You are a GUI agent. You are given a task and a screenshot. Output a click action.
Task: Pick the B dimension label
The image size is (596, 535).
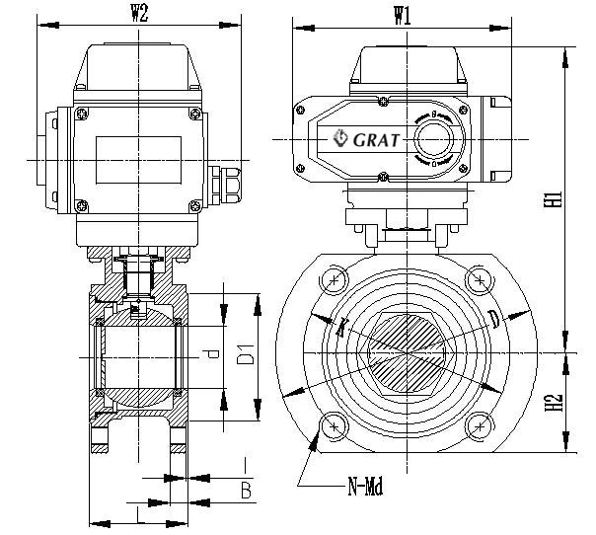[x=246, y=490]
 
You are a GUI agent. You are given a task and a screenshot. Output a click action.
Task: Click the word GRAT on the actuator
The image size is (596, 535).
[x=376, y=139]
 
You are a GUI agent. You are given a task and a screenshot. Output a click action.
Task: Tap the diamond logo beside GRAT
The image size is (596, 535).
[x=340, y=138]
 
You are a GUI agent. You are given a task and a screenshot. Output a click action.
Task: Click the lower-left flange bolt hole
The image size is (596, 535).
[x=335, y=425]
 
